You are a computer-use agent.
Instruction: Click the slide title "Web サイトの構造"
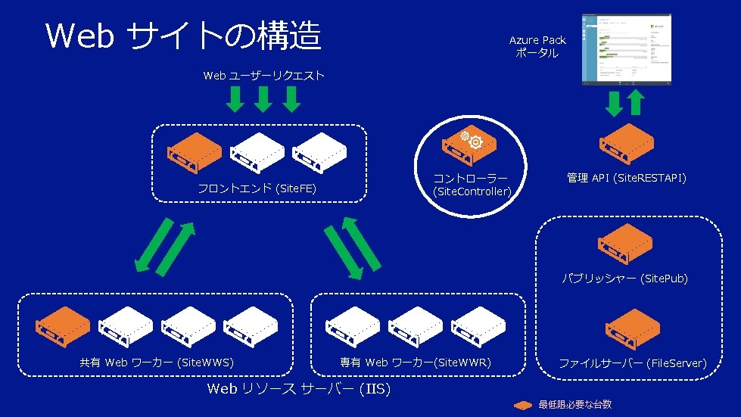click(183, 36)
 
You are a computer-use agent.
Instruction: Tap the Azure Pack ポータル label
click(537, 47)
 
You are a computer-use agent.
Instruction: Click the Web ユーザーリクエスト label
click(264, 76)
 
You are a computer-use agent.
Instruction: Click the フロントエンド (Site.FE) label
click(257, 188)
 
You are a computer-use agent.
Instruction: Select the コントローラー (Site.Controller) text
click(471, 185)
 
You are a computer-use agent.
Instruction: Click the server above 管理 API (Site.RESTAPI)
click(626, 142)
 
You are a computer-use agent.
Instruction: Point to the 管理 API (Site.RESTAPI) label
click(627, 178)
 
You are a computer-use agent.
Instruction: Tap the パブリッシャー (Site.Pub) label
click(624, 279)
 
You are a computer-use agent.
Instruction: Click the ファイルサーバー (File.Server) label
click(633, 364)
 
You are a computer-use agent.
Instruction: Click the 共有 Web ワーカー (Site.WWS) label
click(157, 363)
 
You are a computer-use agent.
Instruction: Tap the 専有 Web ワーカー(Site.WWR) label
click(416, 363)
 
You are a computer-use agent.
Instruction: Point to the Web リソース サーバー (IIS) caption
click(298, 389)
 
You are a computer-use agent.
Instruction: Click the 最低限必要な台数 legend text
click(575, 405)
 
